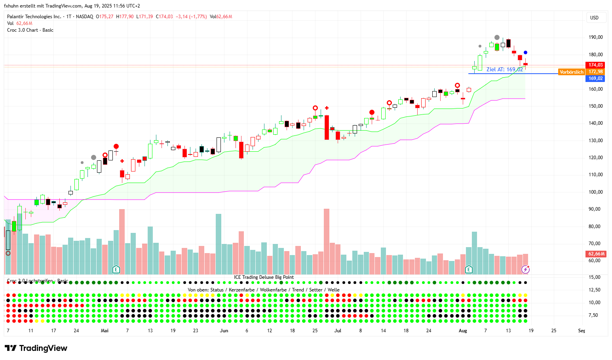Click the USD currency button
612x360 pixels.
(x=594, y=17)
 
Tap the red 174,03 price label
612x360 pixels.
(x=595, y=65)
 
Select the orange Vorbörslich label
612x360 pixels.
(x=571, y=72)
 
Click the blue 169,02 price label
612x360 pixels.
(x=595, y=78)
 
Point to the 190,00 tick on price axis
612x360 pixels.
(x=595, y=37)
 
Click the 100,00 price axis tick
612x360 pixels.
(x=595, y=192)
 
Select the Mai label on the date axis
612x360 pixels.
(x=105, y=331)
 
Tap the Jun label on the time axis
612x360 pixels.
(x=224, y=331)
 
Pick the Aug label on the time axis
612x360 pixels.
(x=463, y=331)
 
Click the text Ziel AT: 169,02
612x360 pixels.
(x=504, y=69)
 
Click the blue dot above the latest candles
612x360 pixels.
(x=525, y=52)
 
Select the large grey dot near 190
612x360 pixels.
(x=497, y=38)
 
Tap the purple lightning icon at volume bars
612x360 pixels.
(x=525, y=269)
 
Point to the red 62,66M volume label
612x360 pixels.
(x=596, y=254)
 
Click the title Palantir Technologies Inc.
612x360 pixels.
(x=34, y=17)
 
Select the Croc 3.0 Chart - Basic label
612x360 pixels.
(x=30, y=30)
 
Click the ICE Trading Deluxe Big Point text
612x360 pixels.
(x=264, y=277)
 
